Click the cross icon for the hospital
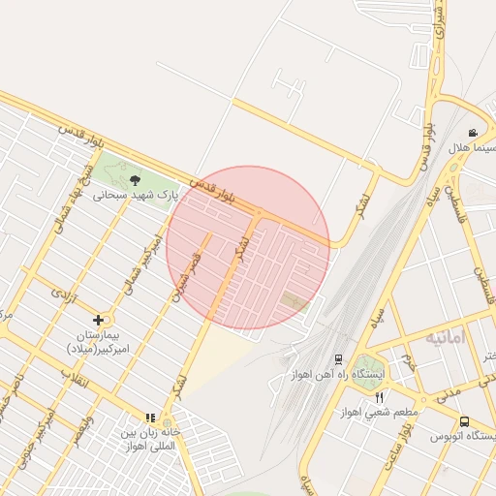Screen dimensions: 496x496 (98, 320)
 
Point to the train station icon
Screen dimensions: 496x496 (338, 358)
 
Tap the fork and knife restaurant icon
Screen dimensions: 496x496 (379, 397)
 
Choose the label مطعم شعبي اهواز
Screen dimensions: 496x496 (379, 413)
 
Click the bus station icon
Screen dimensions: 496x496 (465, 421)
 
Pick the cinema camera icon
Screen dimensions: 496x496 (473, 133)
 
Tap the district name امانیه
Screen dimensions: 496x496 (445, 338)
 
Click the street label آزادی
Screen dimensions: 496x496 (63, 291)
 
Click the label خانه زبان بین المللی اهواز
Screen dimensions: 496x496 (150, 433)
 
